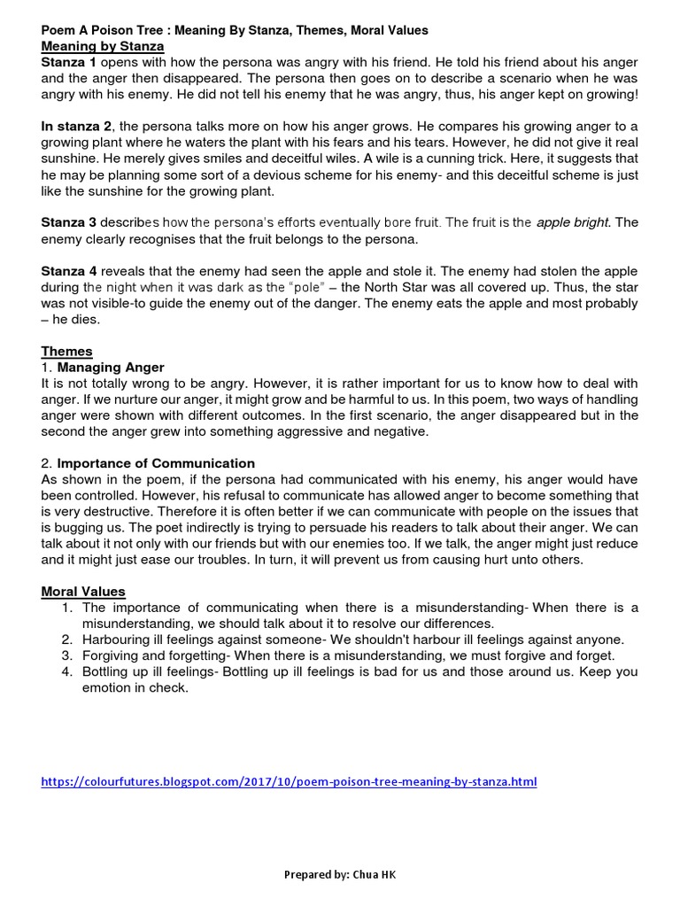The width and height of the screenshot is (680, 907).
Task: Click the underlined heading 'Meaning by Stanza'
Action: pyautogui.click(x=103, y=46)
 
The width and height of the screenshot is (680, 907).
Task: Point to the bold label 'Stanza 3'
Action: pyautogui.click(x=67, y=223)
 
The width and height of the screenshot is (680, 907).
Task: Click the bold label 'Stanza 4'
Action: pyautogui.click(x=67, y=271)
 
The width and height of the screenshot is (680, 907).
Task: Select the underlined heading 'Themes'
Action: pyautogui.click(x=67, y=352)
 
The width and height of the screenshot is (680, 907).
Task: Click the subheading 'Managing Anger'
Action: pyautogui.click(x=111, y=368)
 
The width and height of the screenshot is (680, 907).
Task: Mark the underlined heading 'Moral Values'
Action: pyautogui.click(x=83, y=592)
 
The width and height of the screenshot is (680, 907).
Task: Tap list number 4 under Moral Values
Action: pyautogui.click(x=67, y=672)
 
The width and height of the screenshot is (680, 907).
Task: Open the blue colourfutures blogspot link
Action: pyautogui.click(x=289, y=782)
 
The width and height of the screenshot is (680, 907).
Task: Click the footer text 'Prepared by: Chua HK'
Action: pyautogui.click(x=340, y=874)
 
